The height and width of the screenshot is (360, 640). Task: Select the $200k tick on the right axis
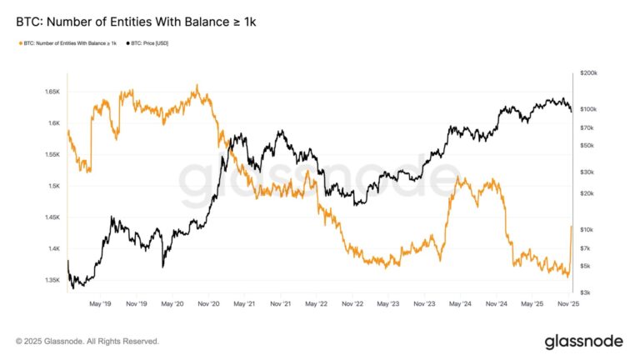pyautogui.click(x=588, y=73)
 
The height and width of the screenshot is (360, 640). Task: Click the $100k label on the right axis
pyautogui.click(x=588, y=109)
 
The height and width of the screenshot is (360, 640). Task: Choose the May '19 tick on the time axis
pyautogui.click(x=101, y=305)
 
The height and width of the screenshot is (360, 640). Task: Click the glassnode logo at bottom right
pyautogui.click(x=583, y=341)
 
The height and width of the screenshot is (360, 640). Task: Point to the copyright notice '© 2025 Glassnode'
pyautogui.click(x=87, y=341)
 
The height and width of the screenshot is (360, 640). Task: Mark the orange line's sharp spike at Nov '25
pyautogui.click(x=571, y=227)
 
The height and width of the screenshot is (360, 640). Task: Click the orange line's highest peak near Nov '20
pyautogui.click(x=197, y=85)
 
